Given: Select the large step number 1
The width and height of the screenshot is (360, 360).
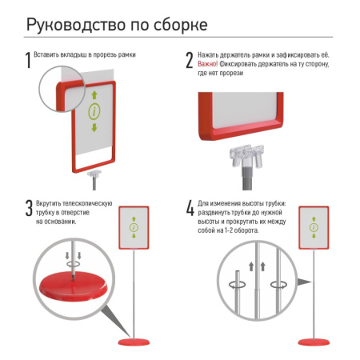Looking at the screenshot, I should point(29,59).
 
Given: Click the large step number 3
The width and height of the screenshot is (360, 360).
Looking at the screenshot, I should point(29,209).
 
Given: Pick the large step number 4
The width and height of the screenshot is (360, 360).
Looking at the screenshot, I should point(190,209).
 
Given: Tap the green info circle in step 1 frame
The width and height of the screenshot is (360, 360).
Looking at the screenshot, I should point(94,112).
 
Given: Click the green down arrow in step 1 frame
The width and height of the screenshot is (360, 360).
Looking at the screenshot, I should point(94,128).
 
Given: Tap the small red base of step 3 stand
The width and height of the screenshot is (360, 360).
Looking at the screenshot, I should point(134,344).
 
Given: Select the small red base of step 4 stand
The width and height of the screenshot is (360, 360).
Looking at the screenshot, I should point(314,344).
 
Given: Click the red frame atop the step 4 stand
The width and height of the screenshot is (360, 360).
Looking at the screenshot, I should point(314,228).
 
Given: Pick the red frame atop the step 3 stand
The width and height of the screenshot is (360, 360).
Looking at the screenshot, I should point(134,228).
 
